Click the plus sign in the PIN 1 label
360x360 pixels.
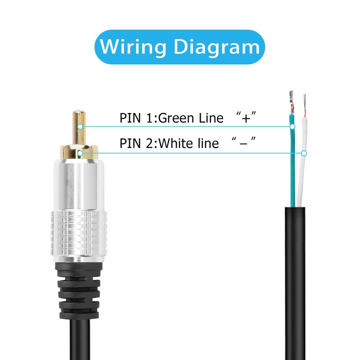[x=246, y=118]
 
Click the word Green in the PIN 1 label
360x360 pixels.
[x=176, y=118]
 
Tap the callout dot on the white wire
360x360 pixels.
[x=304, y=153]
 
